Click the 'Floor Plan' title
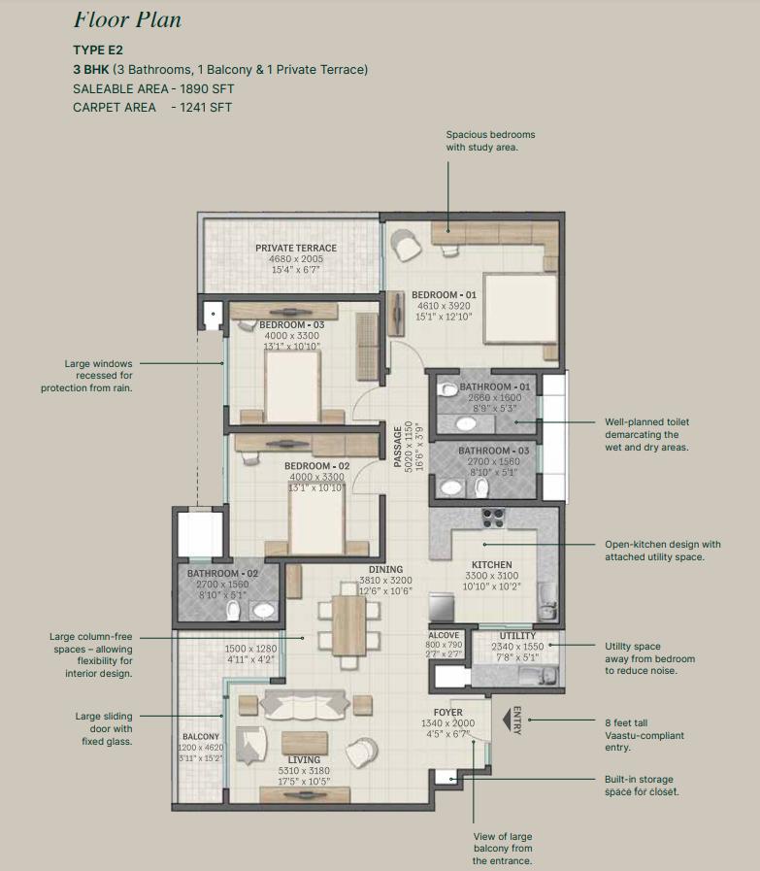pyautogui.click(x=126, y=20)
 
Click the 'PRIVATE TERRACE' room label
pyautogui.click(x=289, y=249)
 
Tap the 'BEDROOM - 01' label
pyautogui.click(x=444, y=294)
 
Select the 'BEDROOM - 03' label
pyautogui.click(x=291, y=324)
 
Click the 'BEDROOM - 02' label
pyautogui.click(x=316, y=466)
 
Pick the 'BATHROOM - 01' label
pyautogui.click(x=496, y=386)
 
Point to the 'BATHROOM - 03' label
pyautogui.click(x=495, y=451)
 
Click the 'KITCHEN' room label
pyautogui.click(x=491, y=564)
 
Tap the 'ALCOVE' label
pyautogui.click(x=444, y=635)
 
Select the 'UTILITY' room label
pyautogui.click(x=517, y=636)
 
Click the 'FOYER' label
pyautogui.click(x=448, y=713)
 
